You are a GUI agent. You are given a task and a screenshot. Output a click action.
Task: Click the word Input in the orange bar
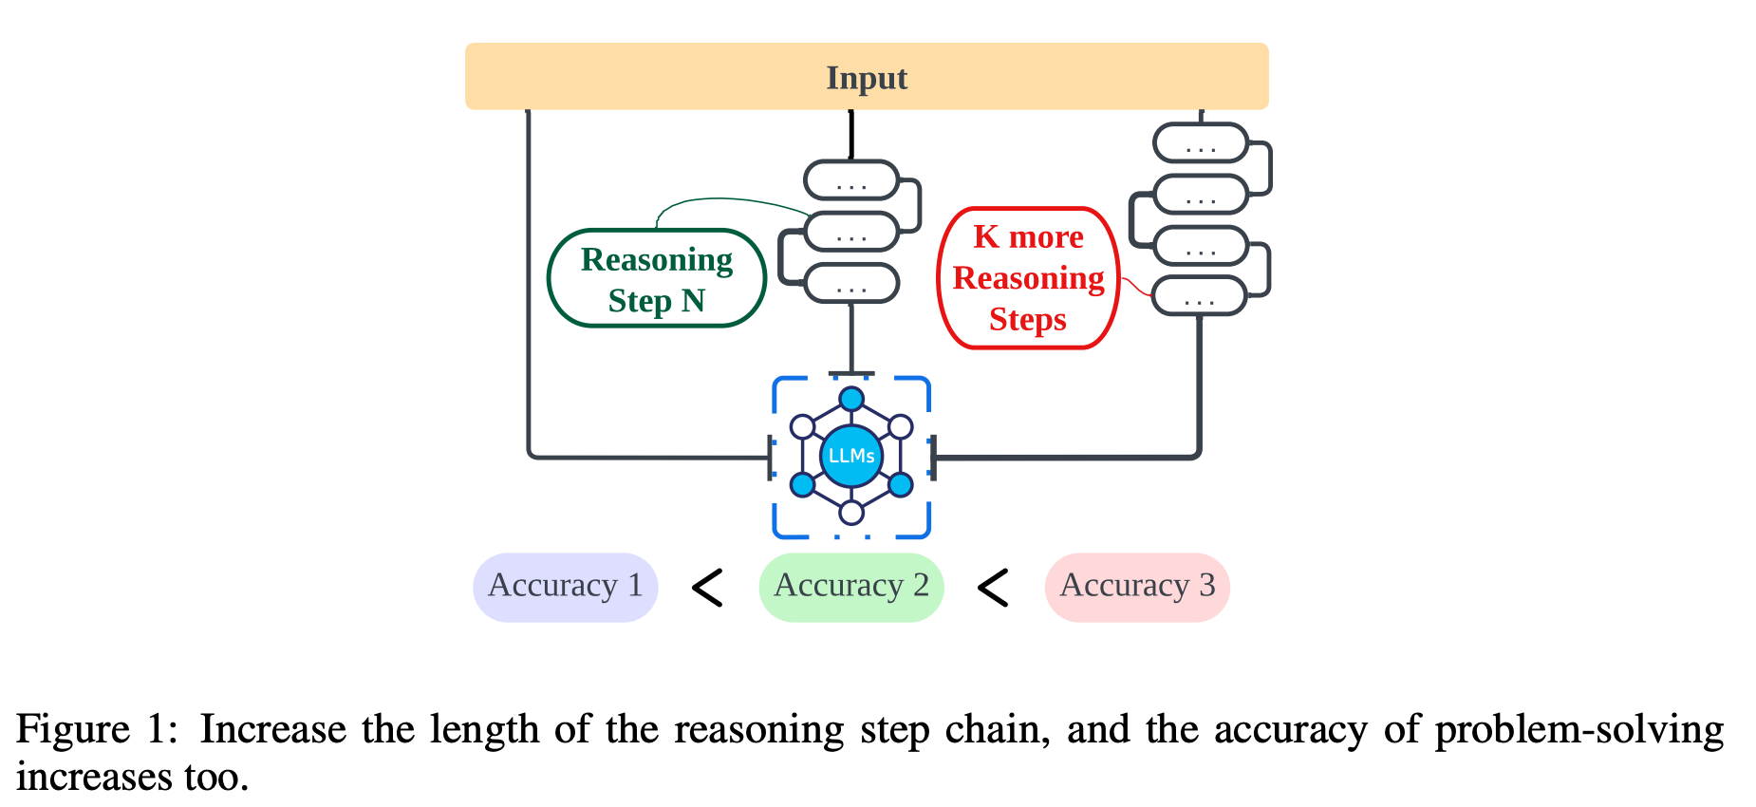(867, 78)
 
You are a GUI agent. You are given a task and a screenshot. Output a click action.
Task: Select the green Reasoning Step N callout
(657, 278)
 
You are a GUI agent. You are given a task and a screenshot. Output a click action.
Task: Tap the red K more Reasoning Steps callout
(1028, 278)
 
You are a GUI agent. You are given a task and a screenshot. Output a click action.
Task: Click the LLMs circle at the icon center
(851, 456)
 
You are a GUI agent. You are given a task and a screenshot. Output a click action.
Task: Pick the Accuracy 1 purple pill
(566, 587)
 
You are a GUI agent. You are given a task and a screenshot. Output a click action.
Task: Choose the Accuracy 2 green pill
(851, 587)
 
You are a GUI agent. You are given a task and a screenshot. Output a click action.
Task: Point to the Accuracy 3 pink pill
(1137, 587)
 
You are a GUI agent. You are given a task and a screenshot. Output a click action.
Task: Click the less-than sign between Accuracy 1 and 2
(708, 588)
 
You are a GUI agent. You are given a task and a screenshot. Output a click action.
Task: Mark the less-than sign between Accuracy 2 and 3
(993, 588)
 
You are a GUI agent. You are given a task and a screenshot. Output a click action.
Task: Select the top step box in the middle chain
(851, 180)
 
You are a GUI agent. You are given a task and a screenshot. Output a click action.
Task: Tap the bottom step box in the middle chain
(851, 283)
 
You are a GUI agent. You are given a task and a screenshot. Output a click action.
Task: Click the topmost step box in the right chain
(1201, 143)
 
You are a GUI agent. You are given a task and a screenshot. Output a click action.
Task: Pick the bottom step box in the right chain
(1199, 296)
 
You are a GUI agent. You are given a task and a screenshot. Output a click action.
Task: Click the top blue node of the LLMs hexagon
(851, 399)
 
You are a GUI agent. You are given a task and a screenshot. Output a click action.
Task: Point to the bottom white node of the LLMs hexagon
(851, 513)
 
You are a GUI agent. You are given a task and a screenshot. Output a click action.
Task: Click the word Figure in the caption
(72, 730)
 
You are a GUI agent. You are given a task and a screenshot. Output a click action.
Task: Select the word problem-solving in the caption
(1579, 730)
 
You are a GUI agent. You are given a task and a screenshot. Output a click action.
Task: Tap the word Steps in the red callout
(1028, 320)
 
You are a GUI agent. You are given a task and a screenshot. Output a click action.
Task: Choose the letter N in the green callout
(693, 301)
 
